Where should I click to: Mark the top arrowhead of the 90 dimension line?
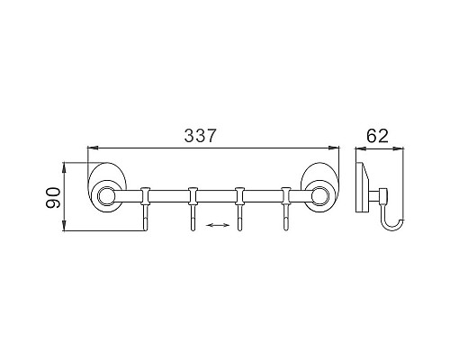(66, 166)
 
